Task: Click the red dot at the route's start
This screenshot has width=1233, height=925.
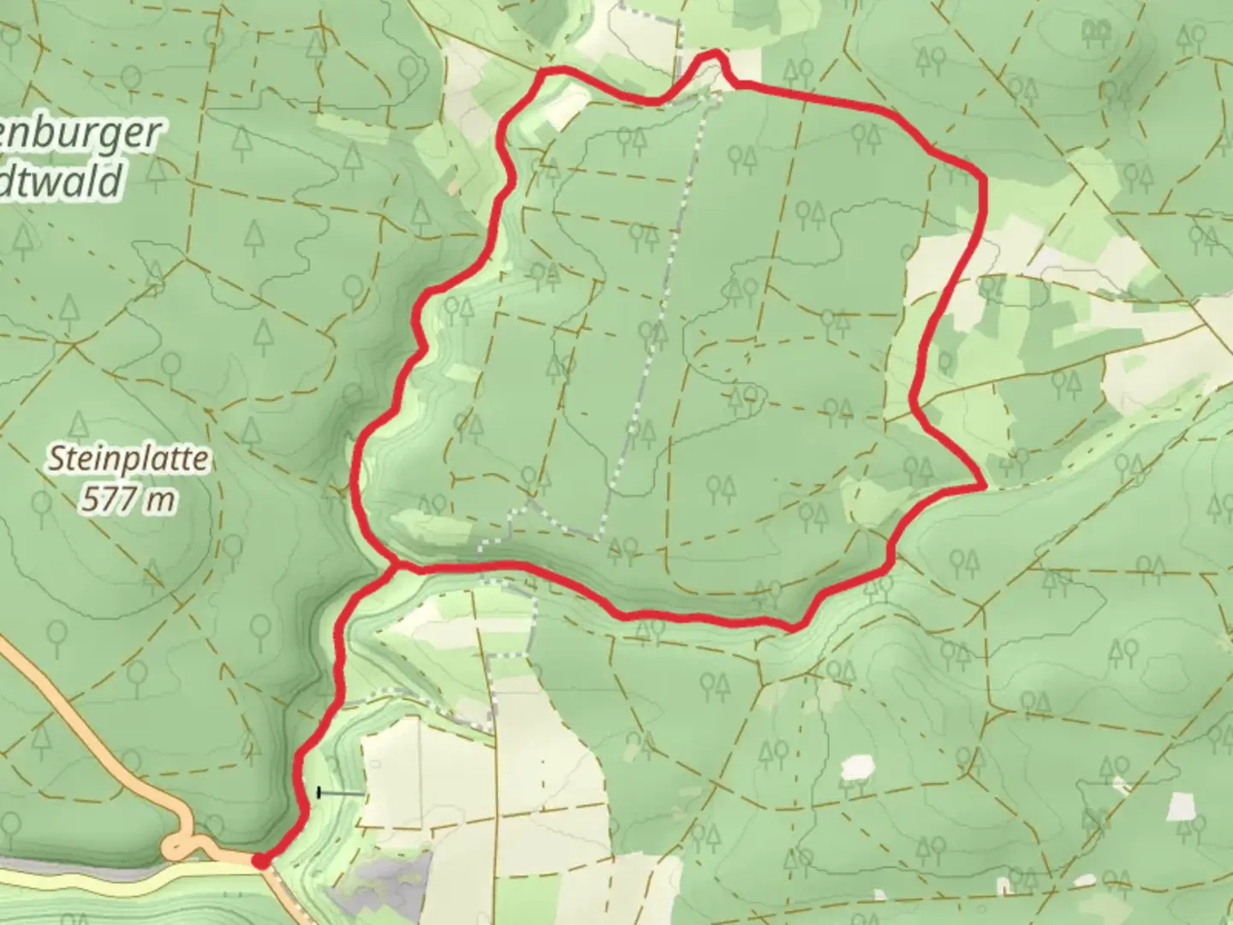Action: pyautogui.click(x=259, y=861)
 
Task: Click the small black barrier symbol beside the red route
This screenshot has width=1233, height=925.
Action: pyautogui.click(x=320, y=793)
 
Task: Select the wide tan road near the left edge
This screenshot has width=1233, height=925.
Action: pyautogui.click(x=51, y=702)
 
